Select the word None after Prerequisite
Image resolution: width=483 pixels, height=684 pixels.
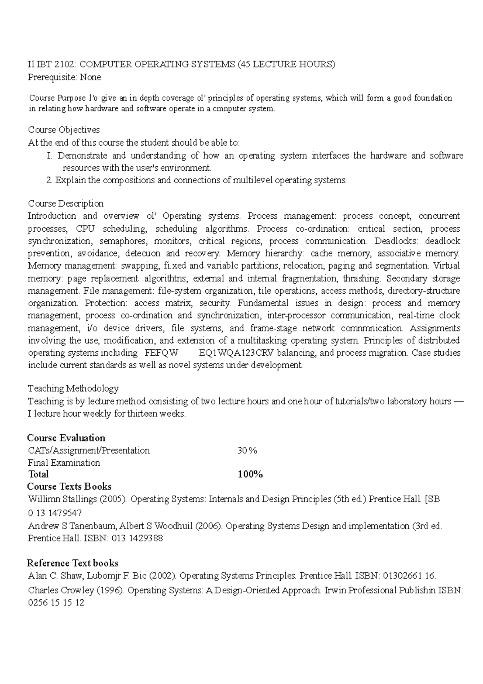click(90, 77)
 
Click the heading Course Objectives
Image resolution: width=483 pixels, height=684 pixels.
click(64, 130)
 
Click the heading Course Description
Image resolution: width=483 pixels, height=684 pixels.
click(66, 203)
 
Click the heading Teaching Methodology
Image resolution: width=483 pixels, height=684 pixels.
click(73, 388)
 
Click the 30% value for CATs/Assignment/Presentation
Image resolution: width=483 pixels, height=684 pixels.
click(247, 450)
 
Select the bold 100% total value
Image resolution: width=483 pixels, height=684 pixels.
click(250, 474)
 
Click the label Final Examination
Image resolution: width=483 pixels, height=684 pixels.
click(64, 462)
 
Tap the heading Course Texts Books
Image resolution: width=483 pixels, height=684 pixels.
click(69, 486)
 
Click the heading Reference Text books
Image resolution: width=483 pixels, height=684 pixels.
click(72, 563)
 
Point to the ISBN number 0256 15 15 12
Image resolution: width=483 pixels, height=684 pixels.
click(56, 603)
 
